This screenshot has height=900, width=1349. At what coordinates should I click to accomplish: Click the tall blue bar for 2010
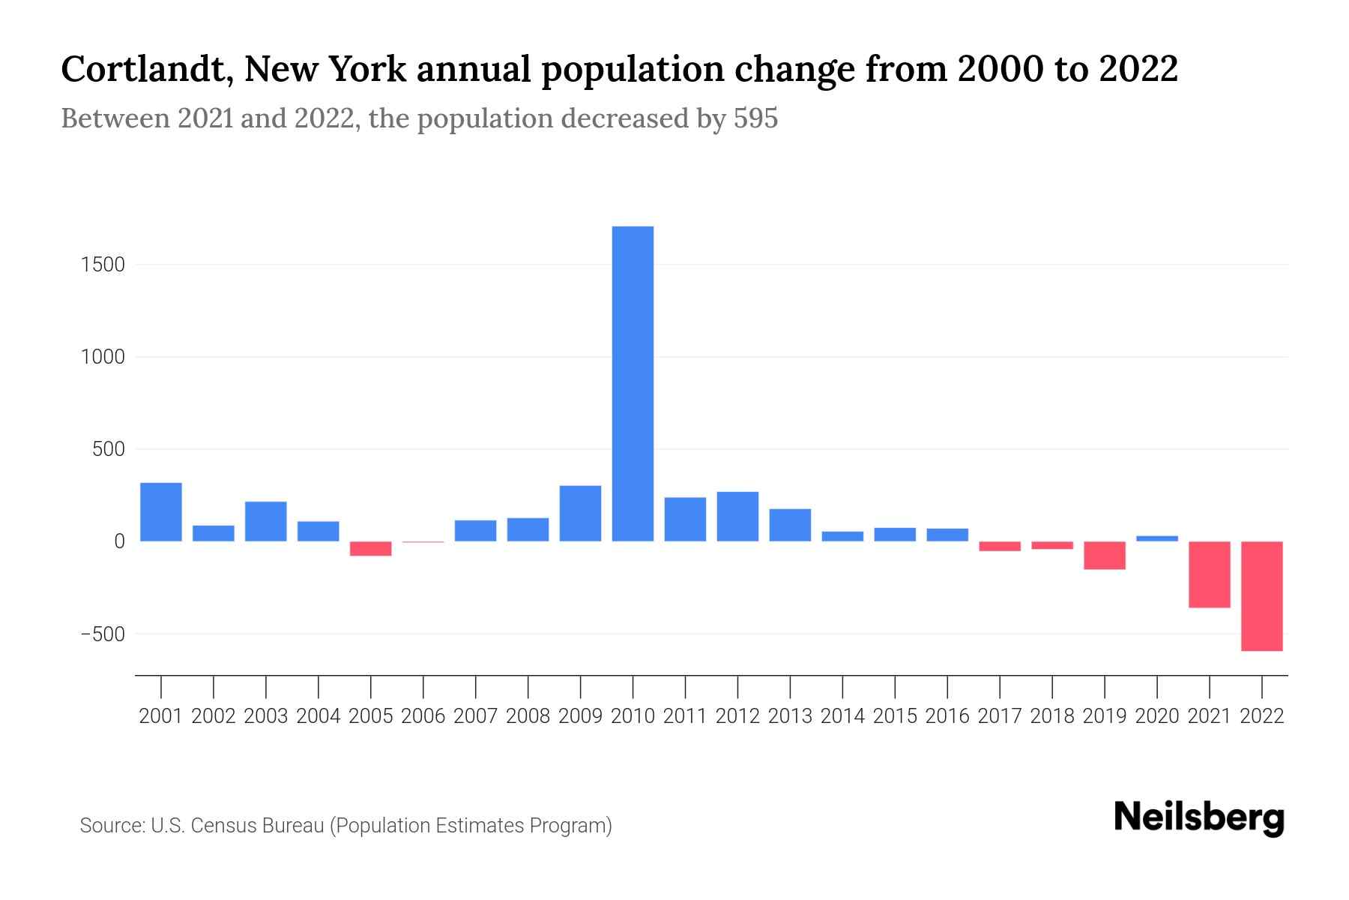point(633,383)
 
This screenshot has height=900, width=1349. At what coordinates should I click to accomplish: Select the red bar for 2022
point(1261,595)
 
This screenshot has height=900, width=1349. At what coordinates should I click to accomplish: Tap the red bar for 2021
point(1209,574)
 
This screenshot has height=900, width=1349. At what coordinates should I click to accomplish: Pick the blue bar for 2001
point(161,511)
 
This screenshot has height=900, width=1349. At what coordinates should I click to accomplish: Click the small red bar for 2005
point(371,548)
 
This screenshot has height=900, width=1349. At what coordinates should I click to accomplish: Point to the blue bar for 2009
point(580,513)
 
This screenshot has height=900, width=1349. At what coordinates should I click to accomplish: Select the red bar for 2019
point(1104,555)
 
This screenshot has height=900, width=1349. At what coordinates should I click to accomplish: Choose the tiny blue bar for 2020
point(1156,538)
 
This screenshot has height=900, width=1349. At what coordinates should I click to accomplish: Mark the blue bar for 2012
point(737,516)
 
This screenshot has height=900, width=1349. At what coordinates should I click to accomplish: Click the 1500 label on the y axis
point(103,265)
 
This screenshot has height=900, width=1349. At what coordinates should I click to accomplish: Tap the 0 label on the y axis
point(119,541)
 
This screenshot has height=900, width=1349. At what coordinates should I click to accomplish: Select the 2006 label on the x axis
point(423,716)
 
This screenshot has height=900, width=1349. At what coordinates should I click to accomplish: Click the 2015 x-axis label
point(895,716)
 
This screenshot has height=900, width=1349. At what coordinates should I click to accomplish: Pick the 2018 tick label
point(1052,716)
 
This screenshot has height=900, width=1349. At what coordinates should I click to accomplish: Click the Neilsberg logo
point(1199,817)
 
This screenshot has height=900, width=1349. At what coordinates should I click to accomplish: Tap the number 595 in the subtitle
point(755,118)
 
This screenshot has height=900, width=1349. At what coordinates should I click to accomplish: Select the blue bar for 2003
point(266,521)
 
